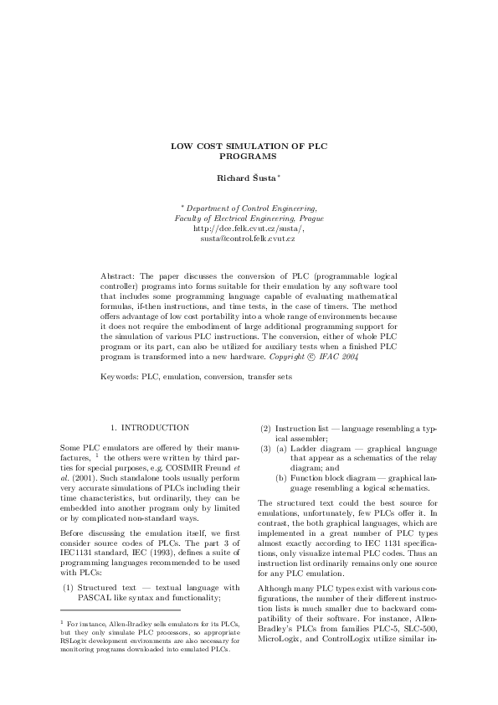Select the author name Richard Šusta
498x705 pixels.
click(247, 178)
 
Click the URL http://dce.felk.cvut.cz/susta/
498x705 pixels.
click(249, 228)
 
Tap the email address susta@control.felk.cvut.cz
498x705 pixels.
click(248, 239)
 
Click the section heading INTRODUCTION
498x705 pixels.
click(156, 427)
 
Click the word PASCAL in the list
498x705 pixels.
click(97, 597)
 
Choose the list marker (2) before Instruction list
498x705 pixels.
click(265, 427)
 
